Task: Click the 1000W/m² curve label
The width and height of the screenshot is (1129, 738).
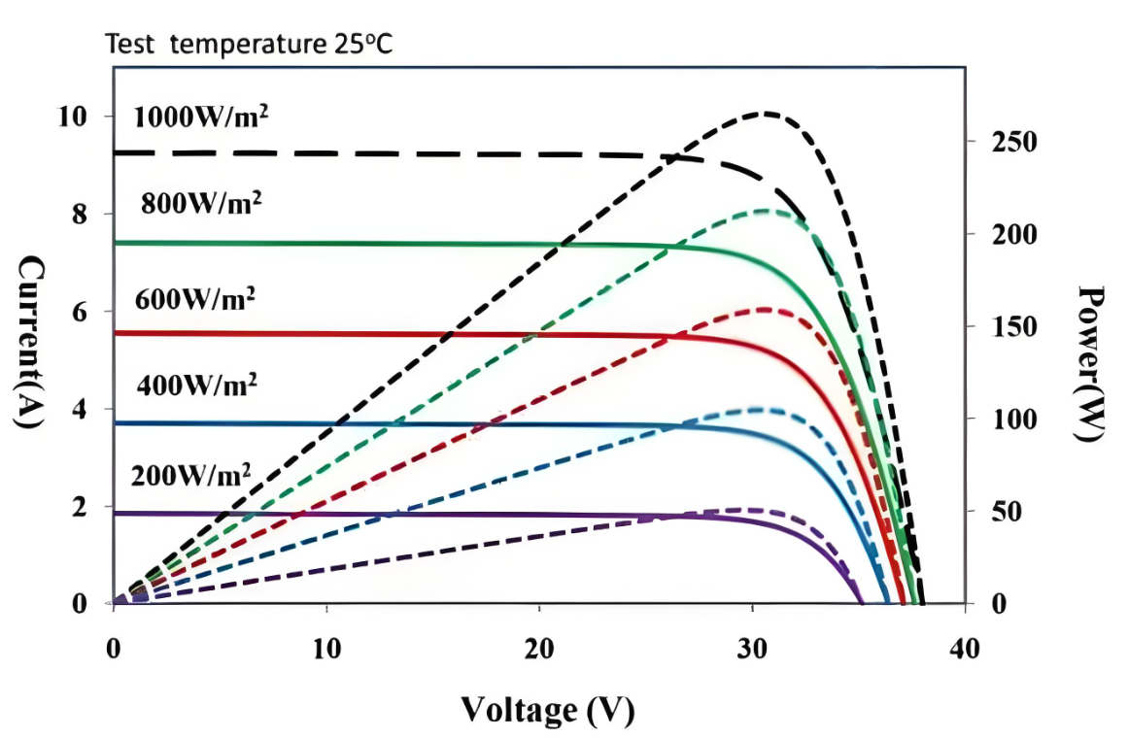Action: [x=201, y=117]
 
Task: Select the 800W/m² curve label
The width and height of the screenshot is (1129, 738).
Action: [x=202, y=204]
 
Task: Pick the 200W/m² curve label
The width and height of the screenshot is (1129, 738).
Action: [x=192, y=475]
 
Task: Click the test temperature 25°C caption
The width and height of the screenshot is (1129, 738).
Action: [x=249, y=44]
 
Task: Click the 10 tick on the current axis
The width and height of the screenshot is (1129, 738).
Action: [x=76, y=117]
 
